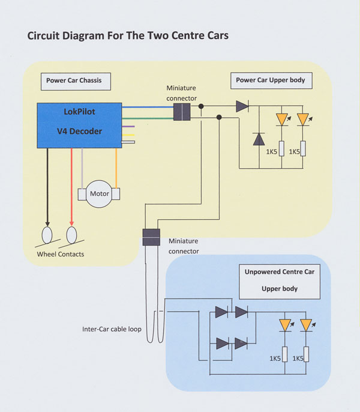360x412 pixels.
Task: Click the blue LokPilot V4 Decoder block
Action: (x=79, y=125)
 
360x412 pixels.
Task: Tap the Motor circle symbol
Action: (x=100, y=194)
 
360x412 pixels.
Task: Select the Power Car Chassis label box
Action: (x=75, y=80)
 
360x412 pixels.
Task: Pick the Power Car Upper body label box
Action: (x=270, y=80)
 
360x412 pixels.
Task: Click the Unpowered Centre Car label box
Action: (x=280, y=280)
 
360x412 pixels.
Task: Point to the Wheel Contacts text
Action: (x=60, y=254)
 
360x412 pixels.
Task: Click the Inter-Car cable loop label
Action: (x=112, y=329)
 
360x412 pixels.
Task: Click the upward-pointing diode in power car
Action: (x=259, y=139)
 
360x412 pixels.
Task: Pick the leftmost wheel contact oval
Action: (x=47, y=234)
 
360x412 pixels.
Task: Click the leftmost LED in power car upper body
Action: (x=282, y=120)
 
